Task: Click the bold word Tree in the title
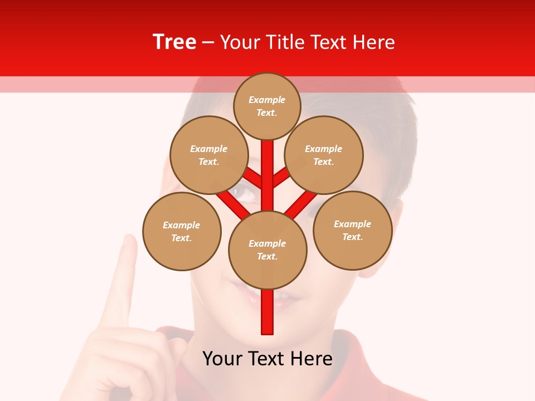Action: [174, 42]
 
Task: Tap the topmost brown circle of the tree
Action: [267, 106]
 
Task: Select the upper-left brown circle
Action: [209, 155]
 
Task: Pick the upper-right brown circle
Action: [324, 155]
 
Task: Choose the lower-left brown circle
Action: [182, 231]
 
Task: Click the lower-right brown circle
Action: [353, 230]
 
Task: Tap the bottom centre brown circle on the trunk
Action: [267, 250]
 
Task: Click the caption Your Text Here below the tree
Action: [267, 359]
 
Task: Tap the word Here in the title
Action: [373, 42]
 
